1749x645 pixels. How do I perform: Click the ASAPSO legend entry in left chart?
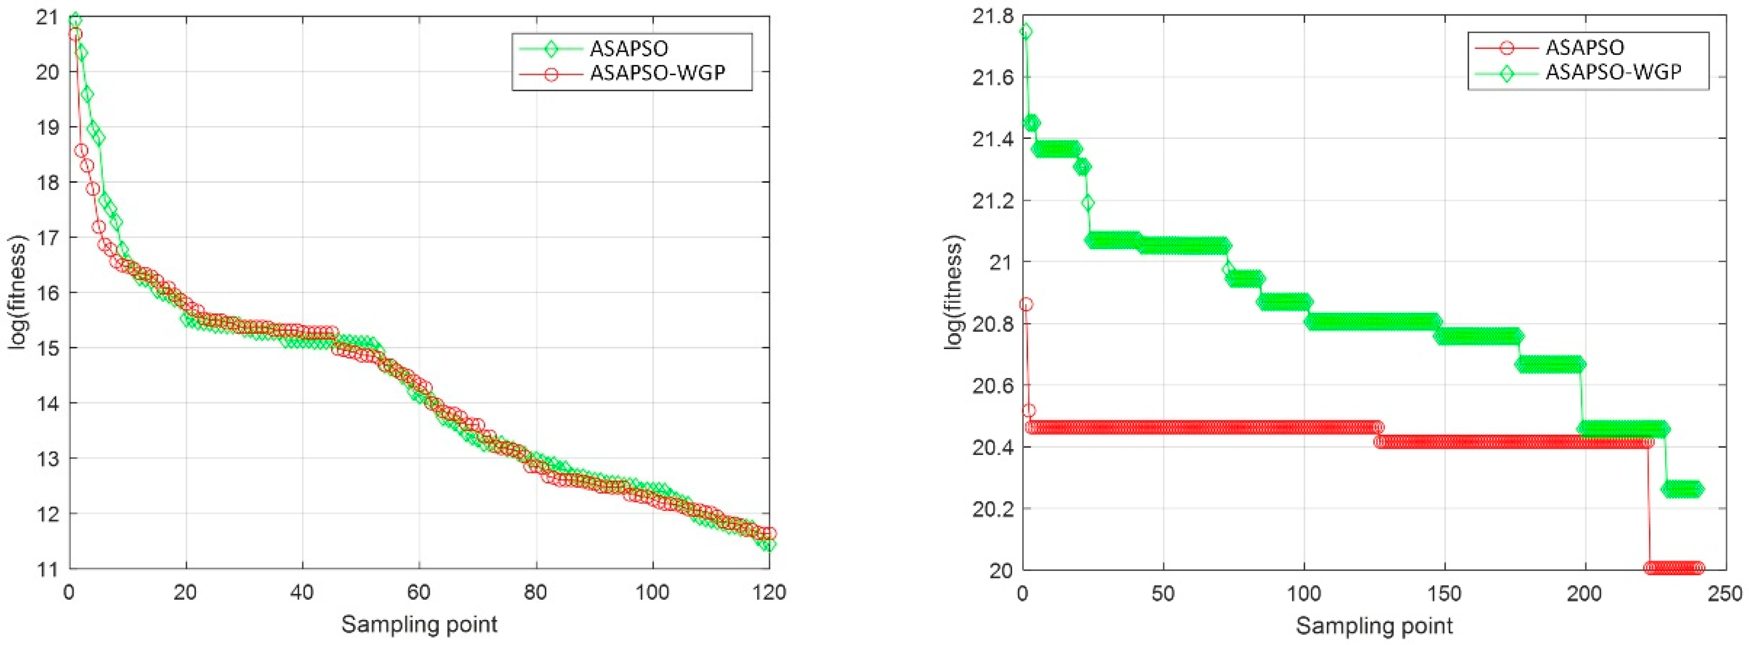click(x=629, y=49)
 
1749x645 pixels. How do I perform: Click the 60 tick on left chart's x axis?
click(x=419, y=592)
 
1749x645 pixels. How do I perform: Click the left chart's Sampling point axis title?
click(x=419, y=623)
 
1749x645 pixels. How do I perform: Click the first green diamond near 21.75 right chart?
click(x=1026, y=31)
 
